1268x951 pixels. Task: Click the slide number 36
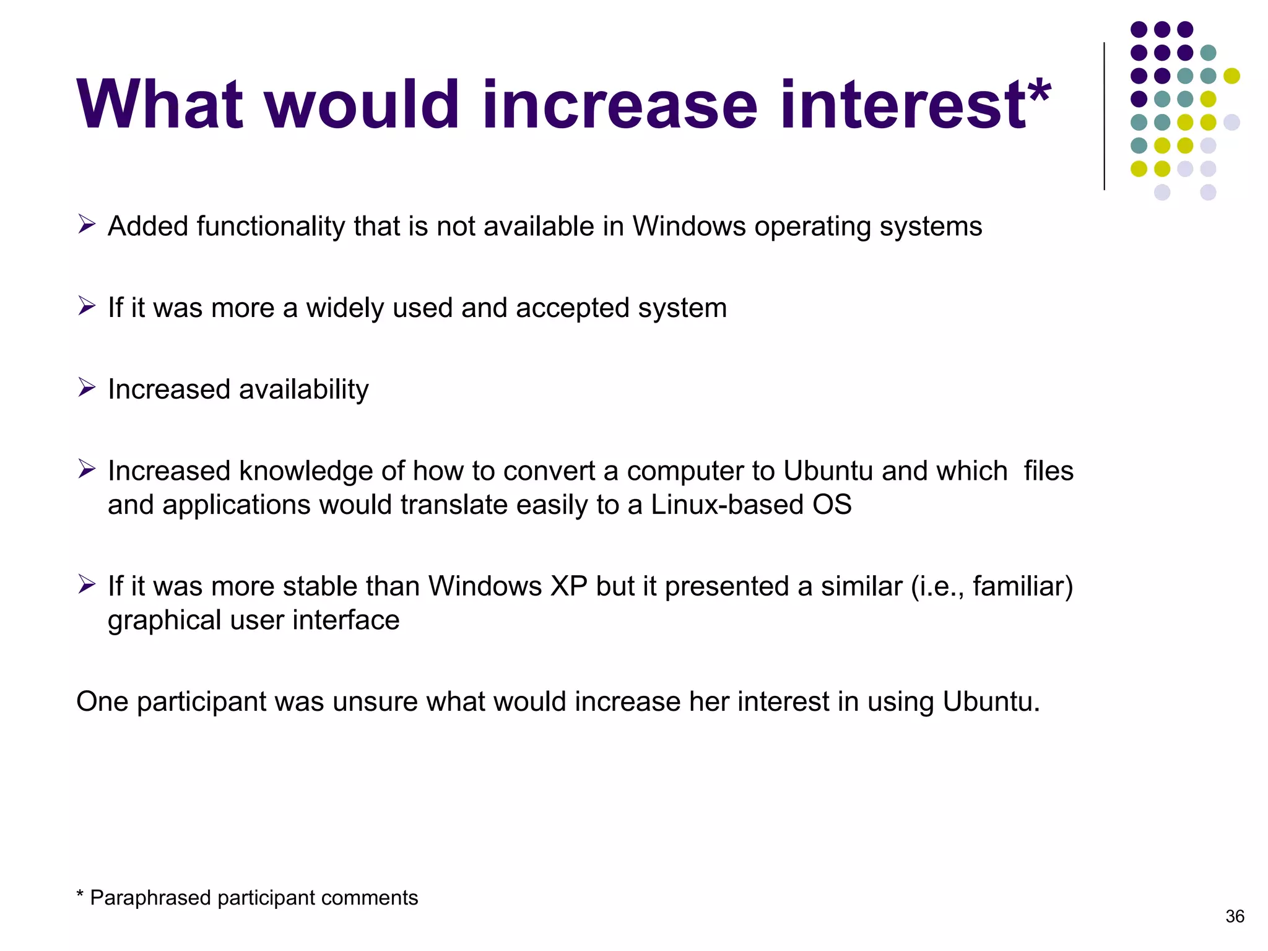coord(1235,916)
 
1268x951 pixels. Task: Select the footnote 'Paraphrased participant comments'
coord(253,898)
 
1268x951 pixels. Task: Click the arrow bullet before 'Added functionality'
coord(87,224)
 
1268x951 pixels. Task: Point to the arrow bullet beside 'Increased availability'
coord(87,388)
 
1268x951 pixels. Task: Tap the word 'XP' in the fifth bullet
coord(569,586)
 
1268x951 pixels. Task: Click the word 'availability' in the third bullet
coord(303,390)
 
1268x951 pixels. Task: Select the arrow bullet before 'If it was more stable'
coord(87,584)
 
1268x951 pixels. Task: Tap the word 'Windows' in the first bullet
coord(689,227)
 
